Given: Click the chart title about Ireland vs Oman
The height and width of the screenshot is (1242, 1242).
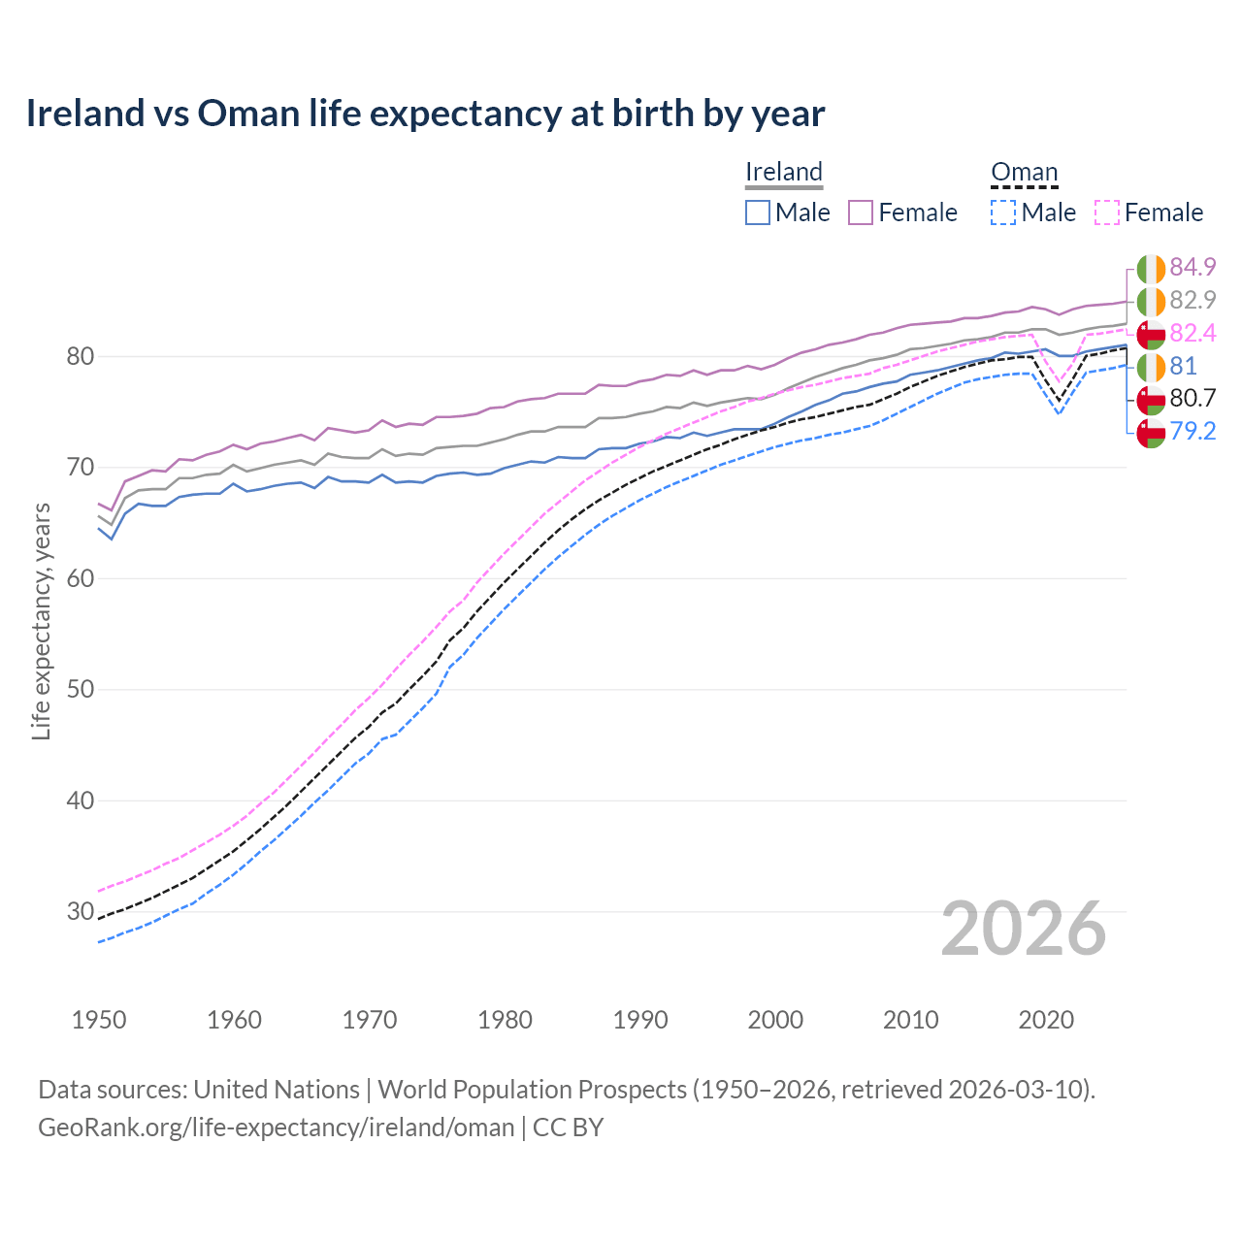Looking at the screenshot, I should [425, 114].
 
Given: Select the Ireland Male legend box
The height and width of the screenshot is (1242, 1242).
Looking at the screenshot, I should [758, 212].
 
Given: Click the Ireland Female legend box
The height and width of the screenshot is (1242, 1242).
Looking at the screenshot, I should [861, 212].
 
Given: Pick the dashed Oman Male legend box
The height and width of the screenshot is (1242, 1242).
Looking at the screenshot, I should [1003, 212].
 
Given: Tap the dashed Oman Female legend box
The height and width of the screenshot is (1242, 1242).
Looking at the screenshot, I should [1107, 212].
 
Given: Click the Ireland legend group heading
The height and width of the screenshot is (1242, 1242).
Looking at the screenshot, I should [784, 173].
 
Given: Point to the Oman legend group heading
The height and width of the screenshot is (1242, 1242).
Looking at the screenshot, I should [1024, 173].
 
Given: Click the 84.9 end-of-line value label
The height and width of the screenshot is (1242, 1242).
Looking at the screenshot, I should [1193, 268].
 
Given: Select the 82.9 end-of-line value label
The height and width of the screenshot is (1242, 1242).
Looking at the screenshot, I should [1193, 301].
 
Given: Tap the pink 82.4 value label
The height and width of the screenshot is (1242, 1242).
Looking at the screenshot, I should [1193, 334].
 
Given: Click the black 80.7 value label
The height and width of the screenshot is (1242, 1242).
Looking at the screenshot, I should [1193, 399].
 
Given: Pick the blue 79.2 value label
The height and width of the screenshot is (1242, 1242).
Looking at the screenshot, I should [1193, 432].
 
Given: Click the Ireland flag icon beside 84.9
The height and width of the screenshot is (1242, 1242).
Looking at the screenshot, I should [1151, 269].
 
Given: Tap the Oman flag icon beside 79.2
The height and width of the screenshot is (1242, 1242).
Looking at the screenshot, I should [1151, 433].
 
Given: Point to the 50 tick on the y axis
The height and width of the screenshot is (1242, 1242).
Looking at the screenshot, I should [80, 690].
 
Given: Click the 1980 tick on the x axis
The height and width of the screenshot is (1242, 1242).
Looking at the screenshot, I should [505, 1020].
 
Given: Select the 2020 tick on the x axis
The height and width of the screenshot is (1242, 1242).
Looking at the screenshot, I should [1046, 1020].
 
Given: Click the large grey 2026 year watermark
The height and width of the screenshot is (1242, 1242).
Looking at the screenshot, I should [1024, 929].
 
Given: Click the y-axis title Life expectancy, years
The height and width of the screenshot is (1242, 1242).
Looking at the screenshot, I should [42, 621].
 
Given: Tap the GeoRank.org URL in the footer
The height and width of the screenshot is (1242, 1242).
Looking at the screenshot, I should [276, 1128].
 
